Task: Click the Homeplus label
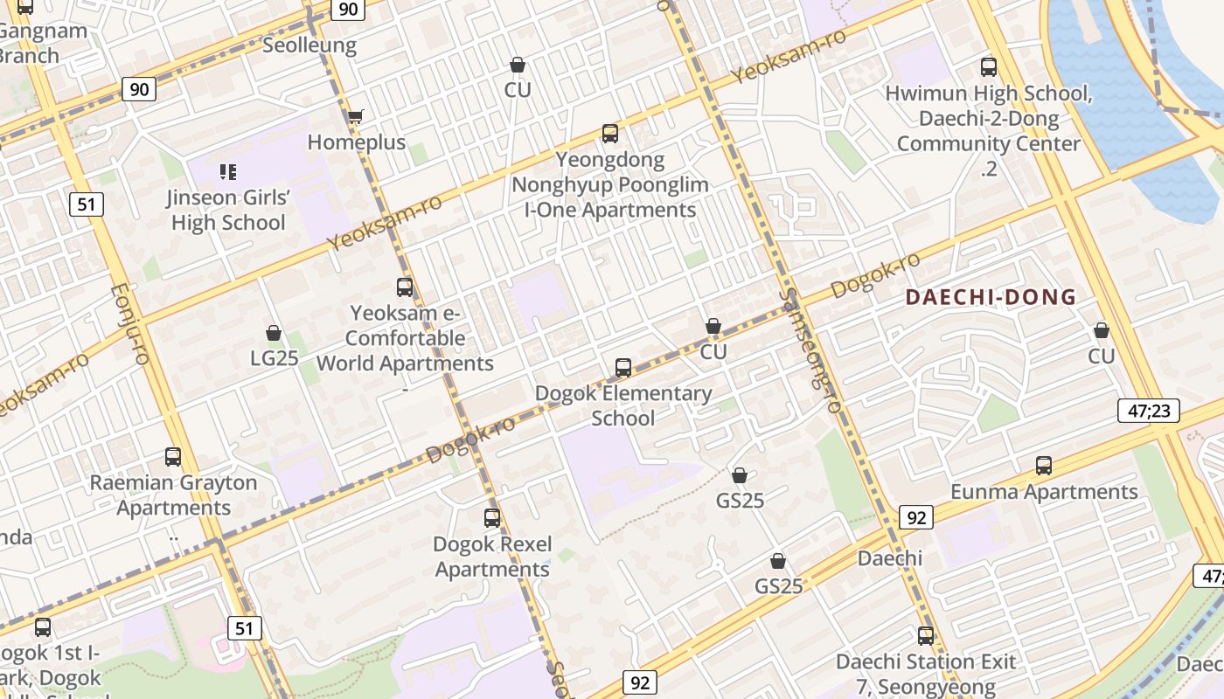[357, 142]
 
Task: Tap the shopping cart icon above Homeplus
[355, 116]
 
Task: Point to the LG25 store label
[275, 358]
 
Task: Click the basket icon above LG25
[274, 333]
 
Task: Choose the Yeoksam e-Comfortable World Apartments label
[405, 338]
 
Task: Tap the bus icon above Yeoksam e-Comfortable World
[405, 287]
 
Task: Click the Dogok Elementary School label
[623, 405]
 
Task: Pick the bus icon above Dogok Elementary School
[623, 368]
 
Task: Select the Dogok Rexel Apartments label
[493, 557]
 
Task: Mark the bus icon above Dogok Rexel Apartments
[492, 518]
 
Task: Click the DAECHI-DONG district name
[991, 297]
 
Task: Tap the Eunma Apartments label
[1044, 492]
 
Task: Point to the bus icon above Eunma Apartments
[1043, 466]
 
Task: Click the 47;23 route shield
[1148, 411]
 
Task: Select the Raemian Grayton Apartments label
[173, 495]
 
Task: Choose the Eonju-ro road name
[130, 323]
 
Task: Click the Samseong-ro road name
[811, 349]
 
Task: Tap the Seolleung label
[309, 45]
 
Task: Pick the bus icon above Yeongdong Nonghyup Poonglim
[610, 134]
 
